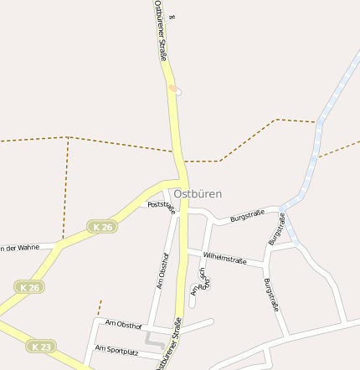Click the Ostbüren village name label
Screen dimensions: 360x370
point(198,193)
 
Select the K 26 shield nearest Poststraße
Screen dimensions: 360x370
point(102,227)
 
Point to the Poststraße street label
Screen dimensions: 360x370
point(162,207)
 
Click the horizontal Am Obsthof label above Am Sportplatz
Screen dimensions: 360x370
point(123,324)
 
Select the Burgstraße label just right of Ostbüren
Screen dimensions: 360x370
point(247,216)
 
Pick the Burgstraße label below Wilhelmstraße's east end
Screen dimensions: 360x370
point(270,295)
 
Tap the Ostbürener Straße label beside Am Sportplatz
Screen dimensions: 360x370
point(167,345)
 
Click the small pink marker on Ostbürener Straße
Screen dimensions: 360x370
point(172,87)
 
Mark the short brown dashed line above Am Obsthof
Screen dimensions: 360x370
point(99,307)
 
